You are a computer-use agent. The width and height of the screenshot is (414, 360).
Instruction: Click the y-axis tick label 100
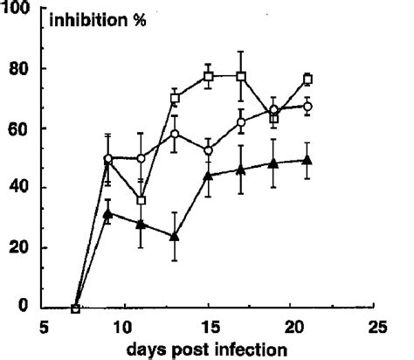tap(17, 9)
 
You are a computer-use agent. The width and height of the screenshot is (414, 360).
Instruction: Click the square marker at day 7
tap(76, 308)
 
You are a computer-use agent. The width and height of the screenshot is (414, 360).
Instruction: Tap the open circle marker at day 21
tap(307, 107)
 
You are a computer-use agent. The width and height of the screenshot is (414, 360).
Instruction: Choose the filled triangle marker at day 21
tap(307, 160)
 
